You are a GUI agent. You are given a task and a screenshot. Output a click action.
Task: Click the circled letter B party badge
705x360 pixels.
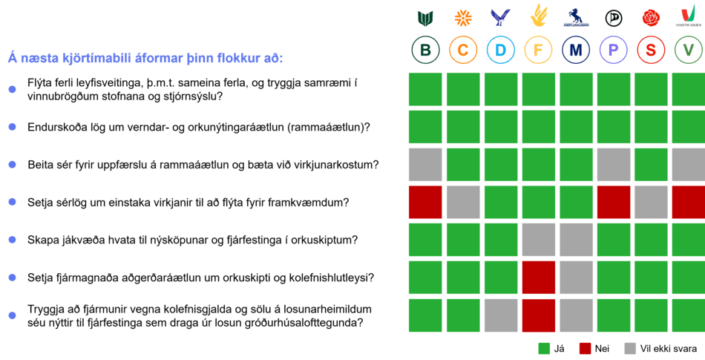pos(425,50)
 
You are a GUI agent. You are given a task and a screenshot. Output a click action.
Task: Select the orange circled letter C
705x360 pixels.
pos(463,50)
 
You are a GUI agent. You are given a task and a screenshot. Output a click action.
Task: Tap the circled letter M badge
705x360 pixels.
pos(576,50)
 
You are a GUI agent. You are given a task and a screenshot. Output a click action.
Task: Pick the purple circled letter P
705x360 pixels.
pos(613,50)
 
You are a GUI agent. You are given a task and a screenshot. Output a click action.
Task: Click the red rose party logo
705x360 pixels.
pos(651,18)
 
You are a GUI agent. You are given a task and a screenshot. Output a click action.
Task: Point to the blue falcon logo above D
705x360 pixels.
pos(500,18)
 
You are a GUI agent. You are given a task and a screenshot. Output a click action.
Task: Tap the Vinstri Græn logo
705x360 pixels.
pos(689,17)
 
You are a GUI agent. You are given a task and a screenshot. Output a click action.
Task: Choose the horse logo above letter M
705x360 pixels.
pos(576,18)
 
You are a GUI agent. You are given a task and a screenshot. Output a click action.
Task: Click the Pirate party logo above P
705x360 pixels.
pos(613,18)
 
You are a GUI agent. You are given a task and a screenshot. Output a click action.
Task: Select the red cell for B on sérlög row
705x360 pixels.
pos(425,202)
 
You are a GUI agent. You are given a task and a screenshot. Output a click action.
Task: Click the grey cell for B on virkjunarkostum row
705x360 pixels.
pos(425,165)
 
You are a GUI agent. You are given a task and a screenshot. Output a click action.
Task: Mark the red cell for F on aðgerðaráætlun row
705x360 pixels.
pos(538,278)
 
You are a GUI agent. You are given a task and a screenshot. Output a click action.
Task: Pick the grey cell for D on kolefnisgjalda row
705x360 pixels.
pos(501,315)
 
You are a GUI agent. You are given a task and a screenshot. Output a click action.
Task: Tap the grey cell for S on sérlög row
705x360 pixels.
pos(651,202)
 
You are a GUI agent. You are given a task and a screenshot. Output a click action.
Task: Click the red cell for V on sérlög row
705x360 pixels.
pos(689,202)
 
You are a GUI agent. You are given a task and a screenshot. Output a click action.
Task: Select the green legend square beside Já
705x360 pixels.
pos(544,348)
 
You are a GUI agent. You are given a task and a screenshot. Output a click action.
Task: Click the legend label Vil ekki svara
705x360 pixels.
pos(669,348)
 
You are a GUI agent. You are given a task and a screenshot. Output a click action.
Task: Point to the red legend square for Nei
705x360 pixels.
pos(585,348)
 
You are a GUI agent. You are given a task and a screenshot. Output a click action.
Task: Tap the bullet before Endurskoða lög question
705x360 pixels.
pos(12,127)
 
